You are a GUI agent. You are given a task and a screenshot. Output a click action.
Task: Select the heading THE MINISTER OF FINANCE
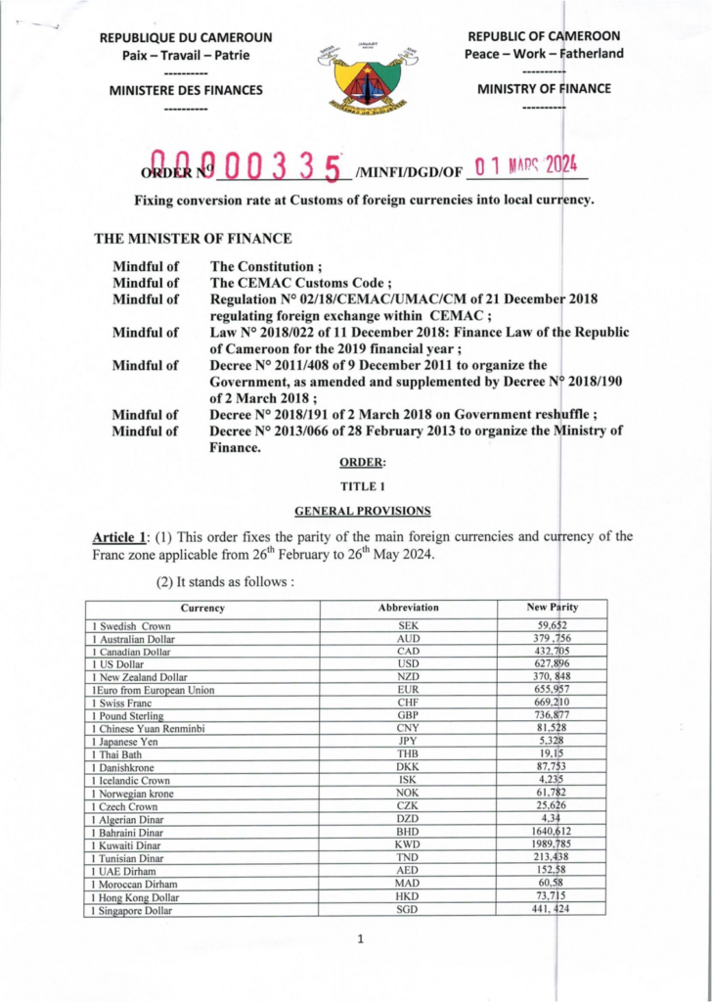(192, 238)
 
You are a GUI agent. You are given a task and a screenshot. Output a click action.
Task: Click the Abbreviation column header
(409, 608)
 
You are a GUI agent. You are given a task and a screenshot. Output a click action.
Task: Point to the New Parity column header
(553, 608)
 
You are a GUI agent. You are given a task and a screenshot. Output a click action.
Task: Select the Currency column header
(202, 608)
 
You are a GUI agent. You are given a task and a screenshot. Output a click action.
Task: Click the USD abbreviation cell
(409, 663)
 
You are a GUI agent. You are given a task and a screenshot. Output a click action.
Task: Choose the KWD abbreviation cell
(409, 844)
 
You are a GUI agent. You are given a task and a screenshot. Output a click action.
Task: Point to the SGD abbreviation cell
(409, 909)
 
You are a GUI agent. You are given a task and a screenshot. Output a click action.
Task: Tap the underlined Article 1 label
(118, 536)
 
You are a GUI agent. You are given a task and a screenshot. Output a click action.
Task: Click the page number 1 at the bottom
(361, 940)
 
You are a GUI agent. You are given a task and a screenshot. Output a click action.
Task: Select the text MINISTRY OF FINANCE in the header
(544, 89)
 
